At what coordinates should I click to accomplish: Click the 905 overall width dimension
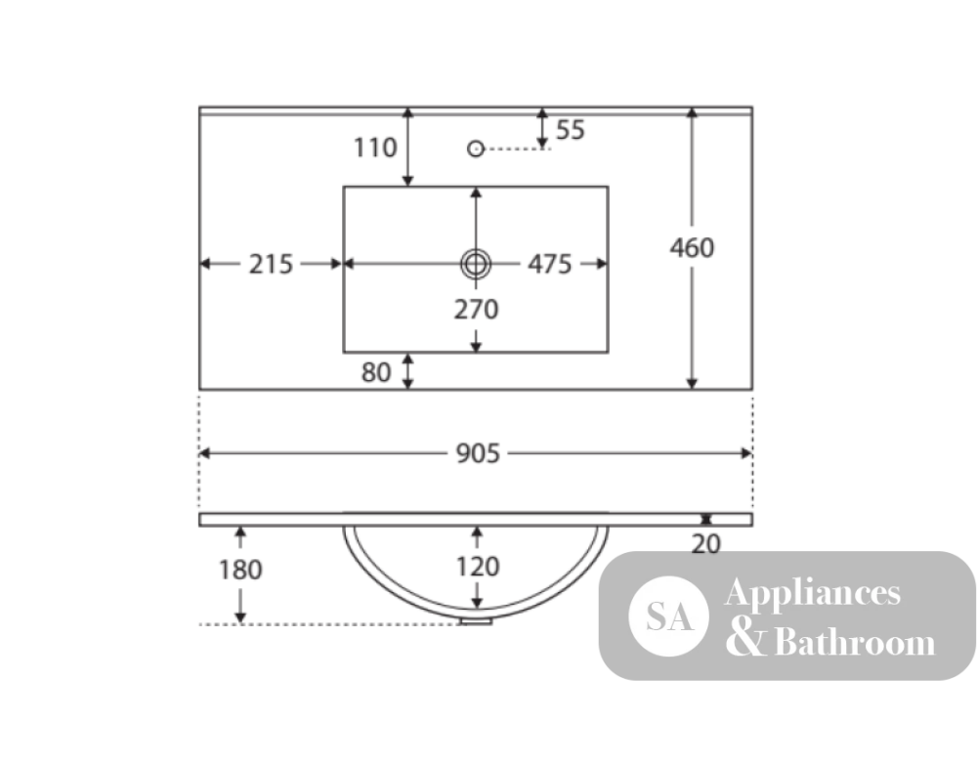tap(478, 453)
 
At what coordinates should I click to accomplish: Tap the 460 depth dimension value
tap(692, 248)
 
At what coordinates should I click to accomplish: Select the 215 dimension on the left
tap(271, 264)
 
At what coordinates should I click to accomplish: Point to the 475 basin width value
tap(549, 264)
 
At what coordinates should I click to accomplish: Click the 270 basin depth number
tap(476, 310)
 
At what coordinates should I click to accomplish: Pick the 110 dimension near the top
tap(375, 149)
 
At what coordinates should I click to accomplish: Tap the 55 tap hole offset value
tap(571, 130)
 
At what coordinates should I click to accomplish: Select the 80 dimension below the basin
tap(376, 372)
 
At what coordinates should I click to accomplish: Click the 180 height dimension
tap(240, 570)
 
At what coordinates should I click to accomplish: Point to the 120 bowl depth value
tap(478, 567)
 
